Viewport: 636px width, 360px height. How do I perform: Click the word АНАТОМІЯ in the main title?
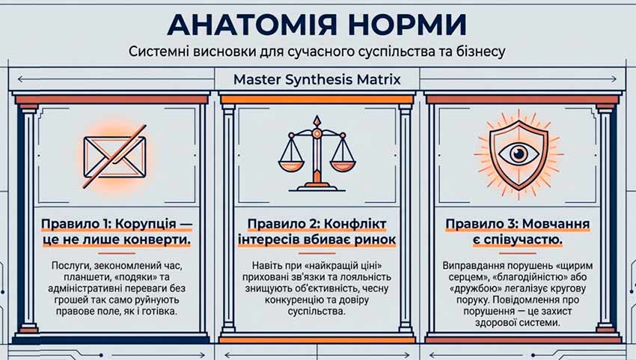click(252, 25)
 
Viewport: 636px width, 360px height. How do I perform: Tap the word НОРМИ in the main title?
click(407, 25)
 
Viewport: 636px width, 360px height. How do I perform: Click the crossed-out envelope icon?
click(114, 157)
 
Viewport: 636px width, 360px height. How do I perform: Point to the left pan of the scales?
click(291, 165)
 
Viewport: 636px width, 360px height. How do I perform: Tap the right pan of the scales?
click(343, 165)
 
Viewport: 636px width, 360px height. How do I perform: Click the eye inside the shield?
click(519, 154)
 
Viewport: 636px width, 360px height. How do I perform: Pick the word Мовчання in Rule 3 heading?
click(556, 224)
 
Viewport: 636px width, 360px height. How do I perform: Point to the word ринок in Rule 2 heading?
click(375, 240)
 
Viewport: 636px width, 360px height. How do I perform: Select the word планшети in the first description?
click(85, 278)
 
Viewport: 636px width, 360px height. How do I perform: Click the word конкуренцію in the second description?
click(296, 300)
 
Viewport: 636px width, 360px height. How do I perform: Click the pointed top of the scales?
click(317, 117)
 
